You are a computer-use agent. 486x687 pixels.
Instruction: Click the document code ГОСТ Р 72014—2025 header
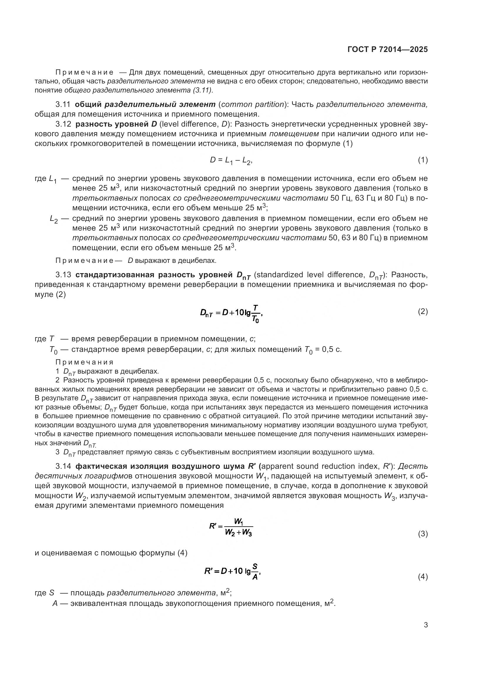coord(388,49)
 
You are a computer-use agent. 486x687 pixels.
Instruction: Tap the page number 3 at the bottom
coord(425,625)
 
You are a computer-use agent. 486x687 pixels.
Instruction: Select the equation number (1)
coord(423,160)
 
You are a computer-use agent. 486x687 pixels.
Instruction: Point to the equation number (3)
coord(423,534)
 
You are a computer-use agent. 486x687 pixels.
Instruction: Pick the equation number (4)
coord(423,577)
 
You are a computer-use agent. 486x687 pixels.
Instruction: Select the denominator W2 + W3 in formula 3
coord(239,533)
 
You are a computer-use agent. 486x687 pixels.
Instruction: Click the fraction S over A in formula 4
coord(255,571)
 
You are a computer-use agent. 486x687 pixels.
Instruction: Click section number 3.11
coord(63,105)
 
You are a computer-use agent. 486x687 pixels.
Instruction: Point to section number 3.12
coord(63,124)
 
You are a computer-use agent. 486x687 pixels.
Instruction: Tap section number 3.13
coord(63,275)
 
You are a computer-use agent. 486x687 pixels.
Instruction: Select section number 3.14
coord(63,466)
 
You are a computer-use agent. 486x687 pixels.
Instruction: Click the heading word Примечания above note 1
coord(84,362)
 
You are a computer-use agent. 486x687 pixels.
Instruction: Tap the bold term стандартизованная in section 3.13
coord(115,275)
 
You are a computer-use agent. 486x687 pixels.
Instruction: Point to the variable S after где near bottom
coord(52,593)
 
